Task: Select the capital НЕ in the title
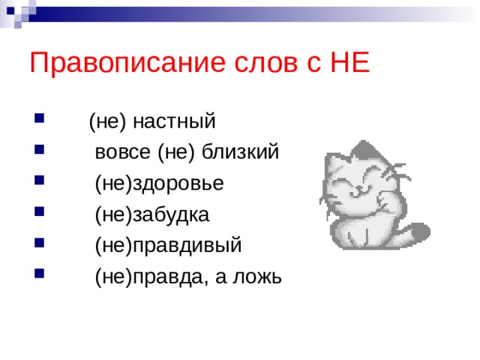(x=349, y=62)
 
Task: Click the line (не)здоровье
(x=159, y=184)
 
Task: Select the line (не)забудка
(x=152, y=215)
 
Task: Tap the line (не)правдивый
(x=169, y=246)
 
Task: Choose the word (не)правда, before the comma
(x=152, y=277)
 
